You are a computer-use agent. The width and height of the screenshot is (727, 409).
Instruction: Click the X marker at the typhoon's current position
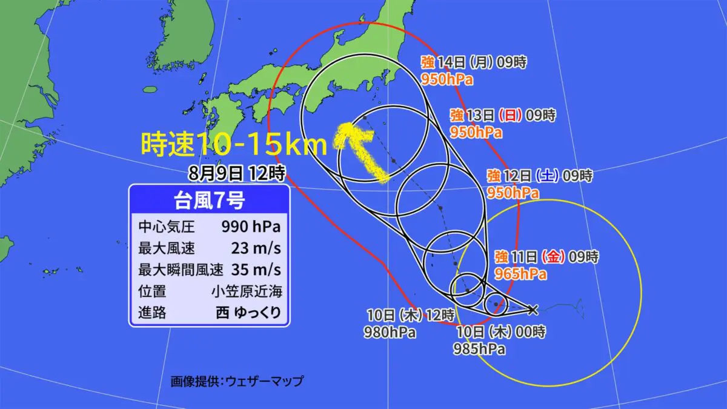[x=533, y=310]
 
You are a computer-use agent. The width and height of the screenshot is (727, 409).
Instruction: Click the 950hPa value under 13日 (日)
[x=476, y=133]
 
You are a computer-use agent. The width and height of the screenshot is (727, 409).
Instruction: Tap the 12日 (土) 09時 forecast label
[x=540, y=176]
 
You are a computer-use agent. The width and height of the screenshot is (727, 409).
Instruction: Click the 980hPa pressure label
[x=390, y=332]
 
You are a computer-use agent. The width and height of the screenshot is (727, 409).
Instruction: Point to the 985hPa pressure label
[x=480, y=349]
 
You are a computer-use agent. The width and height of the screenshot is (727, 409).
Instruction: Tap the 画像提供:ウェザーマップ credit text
[x=237, y=381]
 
